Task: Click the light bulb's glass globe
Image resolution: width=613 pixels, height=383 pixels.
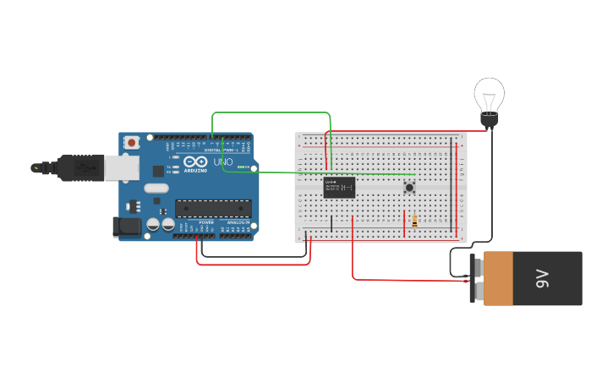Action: (x=489, y=94)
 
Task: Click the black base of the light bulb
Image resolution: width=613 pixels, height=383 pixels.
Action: (x=489, y=122)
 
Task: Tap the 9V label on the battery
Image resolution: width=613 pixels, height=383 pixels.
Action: (x=542, y=278)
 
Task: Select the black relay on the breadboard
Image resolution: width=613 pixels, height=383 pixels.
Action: (x=339, y=187)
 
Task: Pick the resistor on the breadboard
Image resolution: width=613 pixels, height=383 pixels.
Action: (x=414, y=221)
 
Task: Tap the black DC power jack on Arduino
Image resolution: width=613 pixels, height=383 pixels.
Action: (x=125, y=226)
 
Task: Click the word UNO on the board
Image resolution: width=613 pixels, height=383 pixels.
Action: (x=222, y=161)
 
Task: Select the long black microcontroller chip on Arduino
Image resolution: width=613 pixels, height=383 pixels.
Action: (x=213, y=208)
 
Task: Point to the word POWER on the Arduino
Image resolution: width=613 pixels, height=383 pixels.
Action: (x=206, y=222)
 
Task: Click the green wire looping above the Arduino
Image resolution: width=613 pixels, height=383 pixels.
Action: (x=271, y=112)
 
